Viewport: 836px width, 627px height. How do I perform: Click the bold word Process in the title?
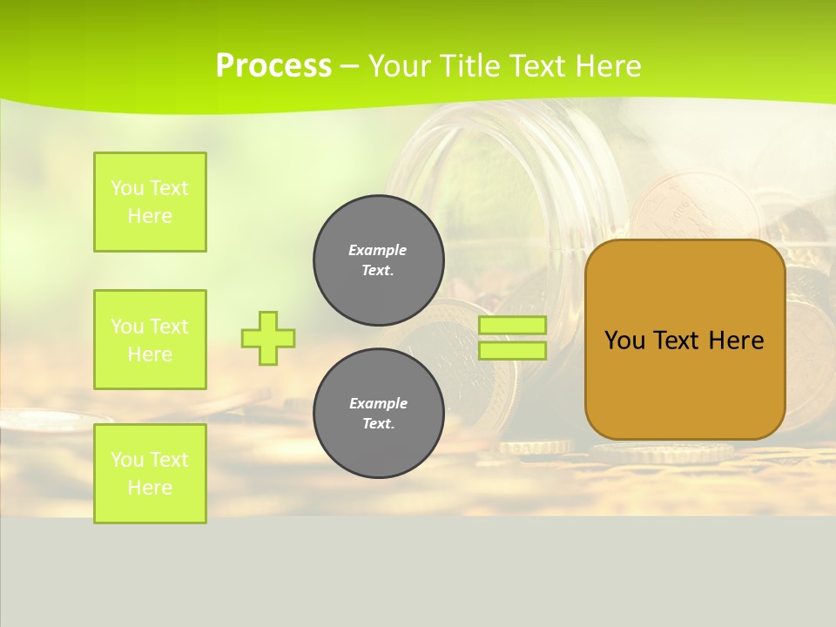(x=273, y=66)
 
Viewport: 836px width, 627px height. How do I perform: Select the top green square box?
(x=150, y=202)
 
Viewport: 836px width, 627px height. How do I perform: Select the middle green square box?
(x=150, y=340)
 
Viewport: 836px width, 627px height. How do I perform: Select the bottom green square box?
(x=150, y=474)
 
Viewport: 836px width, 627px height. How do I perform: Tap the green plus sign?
(x=268, y=338)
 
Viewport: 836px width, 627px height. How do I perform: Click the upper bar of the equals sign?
(x=513, y=325)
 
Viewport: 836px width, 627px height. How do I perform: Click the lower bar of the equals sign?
(x=513, y=351)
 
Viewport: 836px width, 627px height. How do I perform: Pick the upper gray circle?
(x=378, y=260)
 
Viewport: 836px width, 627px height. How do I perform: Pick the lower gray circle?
(x=378, y=413)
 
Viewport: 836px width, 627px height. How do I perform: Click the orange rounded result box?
(x=684, y=383)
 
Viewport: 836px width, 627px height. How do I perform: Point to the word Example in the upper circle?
(x=378, y=250)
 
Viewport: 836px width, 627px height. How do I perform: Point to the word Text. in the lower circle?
(x=378, y=423)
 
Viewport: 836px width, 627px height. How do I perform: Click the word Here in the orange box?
(x=736, y=340)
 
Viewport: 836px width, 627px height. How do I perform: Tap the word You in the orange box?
(x=624, y=340)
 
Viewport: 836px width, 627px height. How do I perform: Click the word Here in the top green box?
(x=150, y=216)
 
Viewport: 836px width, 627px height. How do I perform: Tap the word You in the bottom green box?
(x=127, y=460)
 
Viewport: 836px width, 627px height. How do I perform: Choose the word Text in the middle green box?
(x=168, y=327)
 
